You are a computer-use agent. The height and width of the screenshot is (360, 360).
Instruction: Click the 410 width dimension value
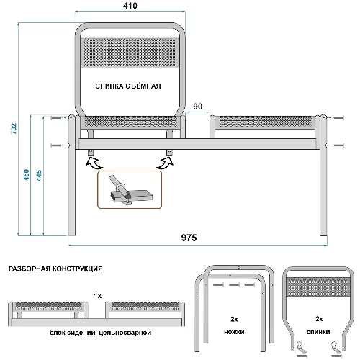point(130,6)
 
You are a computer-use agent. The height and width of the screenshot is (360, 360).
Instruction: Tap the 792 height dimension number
point(14,129)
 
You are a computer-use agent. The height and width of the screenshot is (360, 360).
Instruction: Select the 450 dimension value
point(27,175)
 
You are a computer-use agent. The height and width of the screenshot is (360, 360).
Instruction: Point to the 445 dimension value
point(39,176)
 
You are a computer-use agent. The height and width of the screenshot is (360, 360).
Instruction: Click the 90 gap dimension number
point(198,107)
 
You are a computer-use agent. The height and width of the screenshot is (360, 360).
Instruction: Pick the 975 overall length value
point(189,238)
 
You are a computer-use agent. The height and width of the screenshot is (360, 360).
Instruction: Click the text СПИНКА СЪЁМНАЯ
point(128,86)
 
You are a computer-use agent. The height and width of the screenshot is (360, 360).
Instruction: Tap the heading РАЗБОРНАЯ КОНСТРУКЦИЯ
point(55,269)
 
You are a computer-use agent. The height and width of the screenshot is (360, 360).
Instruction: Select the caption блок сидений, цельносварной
point(100,333)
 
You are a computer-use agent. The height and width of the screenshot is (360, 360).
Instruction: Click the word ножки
point(234,332)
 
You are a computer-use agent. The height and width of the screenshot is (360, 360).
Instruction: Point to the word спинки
point(318,332)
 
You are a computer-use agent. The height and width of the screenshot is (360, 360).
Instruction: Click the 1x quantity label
point(98,296)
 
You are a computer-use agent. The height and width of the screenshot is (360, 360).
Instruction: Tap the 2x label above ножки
point(234,319)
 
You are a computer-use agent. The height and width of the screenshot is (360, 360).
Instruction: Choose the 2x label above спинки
point(319,319)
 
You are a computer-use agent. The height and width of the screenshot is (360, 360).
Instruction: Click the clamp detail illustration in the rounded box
point(130,189)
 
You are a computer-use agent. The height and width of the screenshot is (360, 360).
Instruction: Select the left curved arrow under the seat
point(94,163)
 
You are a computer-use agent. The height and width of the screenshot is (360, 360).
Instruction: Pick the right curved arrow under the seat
point(166,163)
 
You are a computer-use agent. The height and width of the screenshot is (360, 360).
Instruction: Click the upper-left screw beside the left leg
point(60,118)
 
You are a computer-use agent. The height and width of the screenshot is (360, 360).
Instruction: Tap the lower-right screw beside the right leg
point(335,145)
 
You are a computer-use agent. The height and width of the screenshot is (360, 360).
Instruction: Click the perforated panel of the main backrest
point(130,53)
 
